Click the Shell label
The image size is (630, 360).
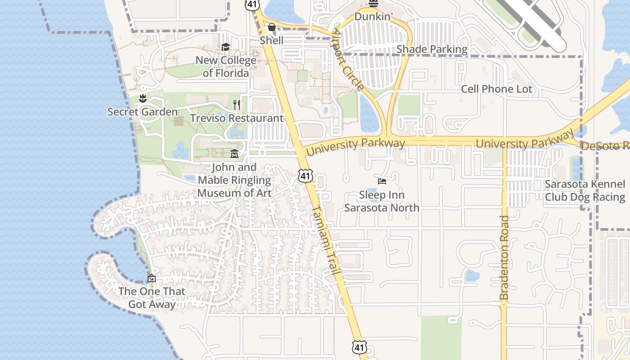[x=272, y=40]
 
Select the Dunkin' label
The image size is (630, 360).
[x=373, y=17]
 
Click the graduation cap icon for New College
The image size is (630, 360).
[x=225, y=47]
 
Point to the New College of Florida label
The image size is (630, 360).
[x=225, y=67]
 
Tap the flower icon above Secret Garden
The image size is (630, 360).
[x=143, y=99]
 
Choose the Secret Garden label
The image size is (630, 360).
[x=143, y=112]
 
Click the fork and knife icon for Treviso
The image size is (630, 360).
[x=237, y=105]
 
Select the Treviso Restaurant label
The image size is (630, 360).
[x=237, y=118]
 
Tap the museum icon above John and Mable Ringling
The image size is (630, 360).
[x=234, y=154]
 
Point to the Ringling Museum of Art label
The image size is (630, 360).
[x=234, y=180]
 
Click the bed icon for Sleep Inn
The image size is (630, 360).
[x=382, y=181]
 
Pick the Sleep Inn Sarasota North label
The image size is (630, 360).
[x=382, y=201]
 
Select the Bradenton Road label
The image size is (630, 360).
[x=504, y=257]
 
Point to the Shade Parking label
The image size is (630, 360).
[x=432, y=49]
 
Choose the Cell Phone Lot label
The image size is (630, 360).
[x=496, y=89]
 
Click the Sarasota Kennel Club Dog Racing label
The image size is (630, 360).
[x=585, y=190]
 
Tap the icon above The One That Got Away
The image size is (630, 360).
[x=151, y=279]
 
